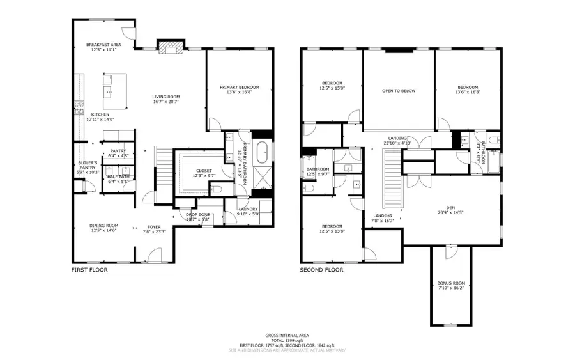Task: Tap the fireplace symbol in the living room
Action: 171,47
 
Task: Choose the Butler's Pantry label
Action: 88,166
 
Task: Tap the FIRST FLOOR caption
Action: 89,270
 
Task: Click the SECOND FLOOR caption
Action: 321,270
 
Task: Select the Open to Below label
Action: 399,91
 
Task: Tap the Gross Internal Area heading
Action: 287,336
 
